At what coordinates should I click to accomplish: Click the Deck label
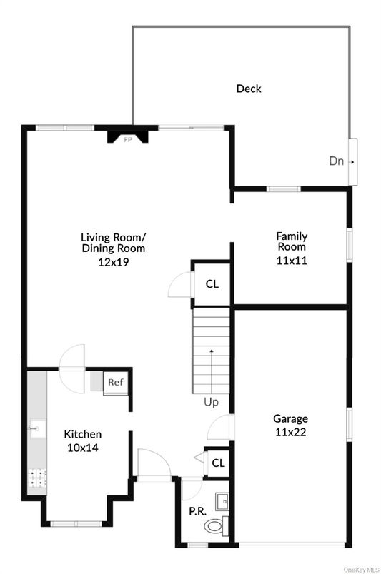pos(249,89)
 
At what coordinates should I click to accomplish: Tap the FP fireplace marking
pos(128,139)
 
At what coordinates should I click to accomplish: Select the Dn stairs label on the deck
pos(336,161)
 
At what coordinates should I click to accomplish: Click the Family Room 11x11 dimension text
pos(292,261)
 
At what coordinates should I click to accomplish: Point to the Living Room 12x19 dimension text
pos(114,262)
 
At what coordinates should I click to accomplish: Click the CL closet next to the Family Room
pos(212,283)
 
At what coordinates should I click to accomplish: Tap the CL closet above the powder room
pos(218,463)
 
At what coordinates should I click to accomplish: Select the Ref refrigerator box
pos(116,383)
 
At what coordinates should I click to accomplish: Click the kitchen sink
pos(37,428)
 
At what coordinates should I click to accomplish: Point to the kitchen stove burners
pos(37,478)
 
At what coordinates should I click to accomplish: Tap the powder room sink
pos(222,501)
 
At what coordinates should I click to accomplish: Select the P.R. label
pos(198,511)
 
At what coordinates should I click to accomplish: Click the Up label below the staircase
pos(211,403)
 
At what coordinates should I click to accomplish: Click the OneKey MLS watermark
pos(361,570)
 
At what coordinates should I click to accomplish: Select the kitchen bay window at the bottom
pos(76,524)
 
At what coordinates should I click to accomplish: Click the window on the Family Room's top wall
pos(284,189)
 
